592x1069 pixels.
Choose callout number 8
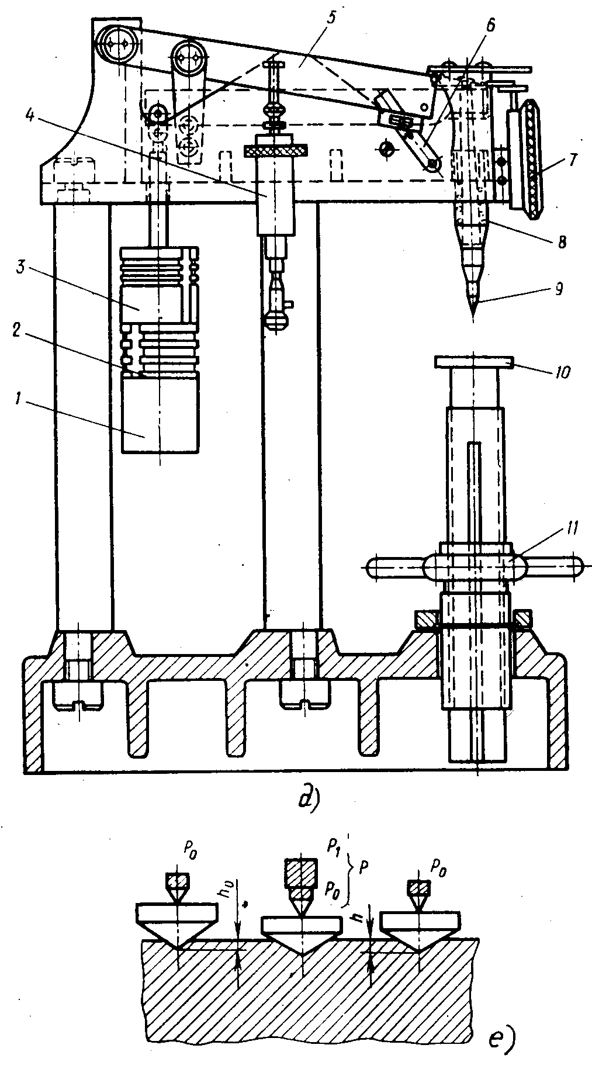[561, 241]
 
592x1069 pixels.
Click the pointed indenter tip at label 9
[472, 319]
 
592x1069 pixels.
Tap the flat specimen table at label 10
[474, 363]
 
